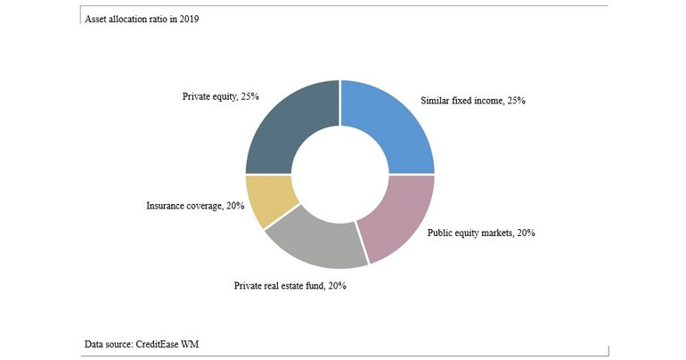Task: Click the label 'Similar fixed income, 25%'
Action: coord(473,101)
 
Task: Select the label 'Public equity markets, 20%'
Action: coord(481,233)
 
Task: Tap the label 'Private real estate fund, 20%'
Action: coord(290,286)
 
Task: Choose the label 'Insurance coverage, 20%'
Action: coord(195,206)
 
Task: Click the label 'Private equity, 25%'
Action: coord(220,95)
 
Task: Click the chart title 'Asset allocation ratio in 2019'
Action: coord(142,19)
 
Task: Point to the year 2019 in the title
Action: coord(187,19)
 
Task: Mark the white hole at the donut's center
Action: coord(339,174)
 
